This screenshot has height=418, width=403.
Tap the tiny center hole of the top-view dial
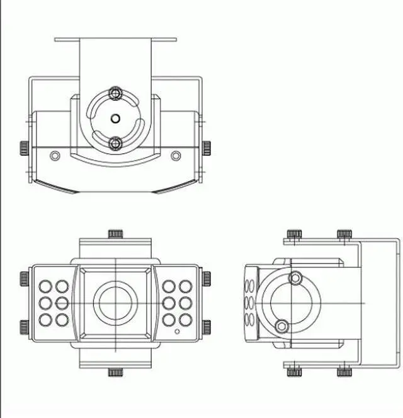pyautogui.click(x=115, y=118)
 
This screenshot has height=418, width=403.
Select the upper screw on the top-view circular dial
pyautogui.click(x=115, y=93)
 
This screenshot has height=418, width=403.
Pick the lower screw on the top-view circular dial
pyautogui.click(x=115, y=144)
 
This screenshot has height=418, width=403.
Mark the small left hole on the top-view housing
pyautogui.click(x=55, y=154)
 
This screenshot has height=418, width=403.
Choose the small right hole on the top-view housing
pyautogui.click(x=176, y=154)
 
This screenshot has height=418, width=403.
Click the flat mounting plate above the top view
pyautogui.click(x=115, y=40)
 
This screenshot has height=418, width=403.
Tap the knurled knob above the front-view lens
pyautogui.click(x=115, y=234)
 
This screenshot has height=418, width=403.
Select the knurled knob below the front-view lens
pyautogui.click(x=115, y=372)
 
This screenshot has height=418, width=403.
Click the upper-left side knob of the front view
pyautogui.click(x=23, y=278)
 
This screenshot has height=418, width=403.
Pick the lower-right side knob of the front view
pyautogui.click(x=206, y=327)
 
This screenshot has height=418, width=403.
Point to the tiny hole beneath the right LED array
pyautogui.click(x=178, y=330)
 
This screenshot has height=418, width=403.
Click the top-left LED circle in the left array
pyautogui.click(x=45, y=286)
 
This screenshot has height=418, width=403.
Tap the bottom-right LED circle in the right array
pyautogui.click(x=185, y=320)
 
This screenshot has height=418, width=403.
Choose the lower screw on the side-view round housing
pyautogui.click(x=282, y=326)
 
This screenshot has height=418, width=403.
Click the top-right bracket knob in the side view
pyautogui.click(x=344, y=235)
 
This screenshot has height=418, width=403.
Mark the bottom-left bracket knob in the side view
pyautogui.click(x=293, y=371)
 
